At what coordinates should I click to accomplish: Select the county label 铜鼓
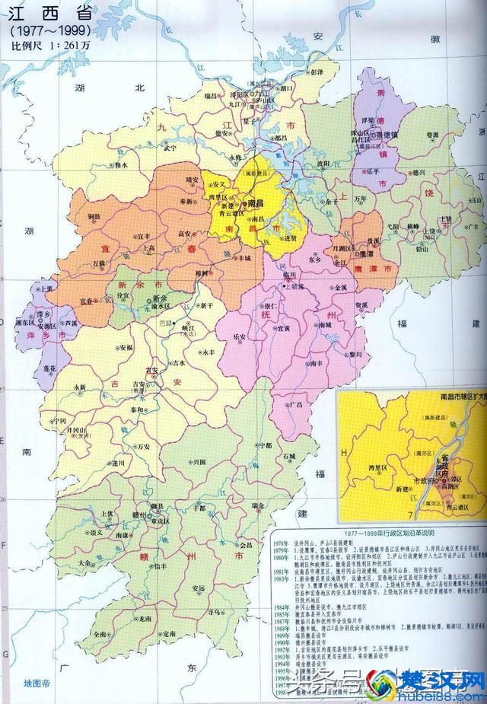coord(94,216)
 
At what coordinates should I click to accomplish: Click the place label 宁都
coord(264,444)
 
